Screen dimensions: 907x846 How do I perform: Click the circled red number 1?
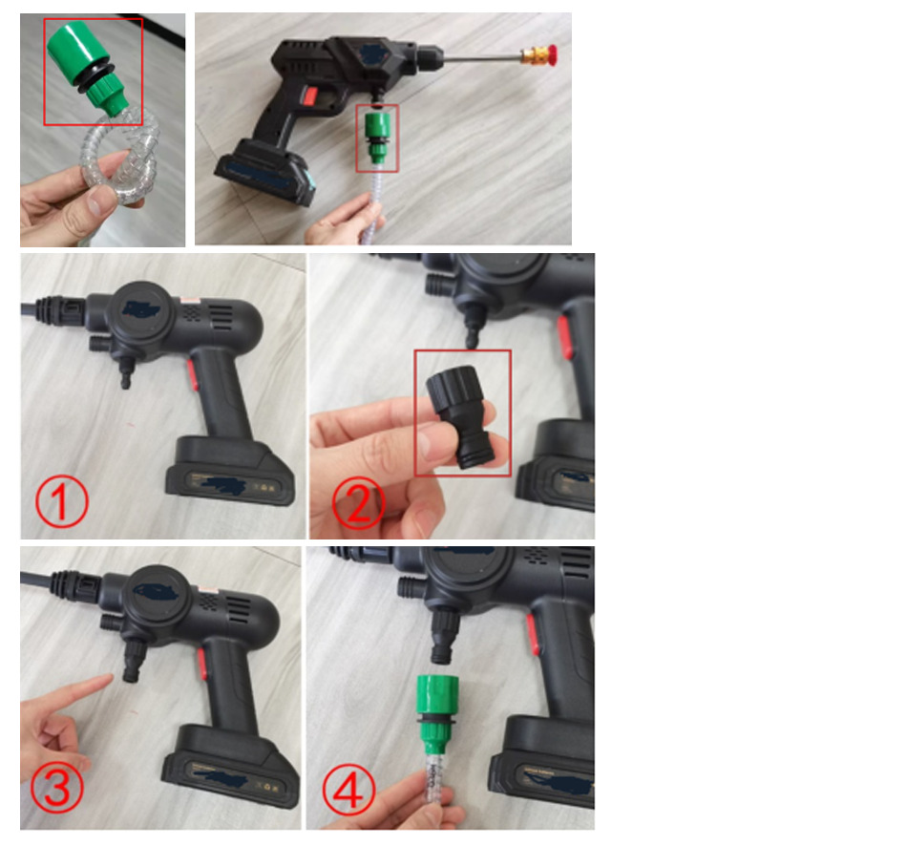point(62,501)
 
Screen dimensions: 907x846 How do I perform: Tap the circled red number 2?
point(359,503)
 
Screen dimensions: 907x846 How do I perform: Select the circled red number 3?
point(56,787)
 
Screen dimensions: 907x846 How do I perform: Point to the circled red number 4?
point(348,790)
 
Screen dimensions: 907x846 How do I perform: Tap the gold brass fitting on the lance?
point(534,55)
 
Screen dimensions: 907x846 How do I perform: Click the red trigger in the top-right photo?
point(310,96)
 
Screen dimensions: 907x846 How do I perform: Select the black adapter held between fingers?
point(461,416)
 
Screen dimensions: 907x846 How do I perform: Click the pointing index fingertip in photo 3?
point(108,678)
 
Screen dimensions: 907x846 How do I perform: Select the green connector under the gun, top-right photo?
point(377,137)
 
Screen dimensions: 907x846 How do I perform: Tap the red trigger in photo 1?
point(193,374)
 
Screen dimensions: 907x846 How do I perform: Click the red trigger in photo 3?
point(202,664)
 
